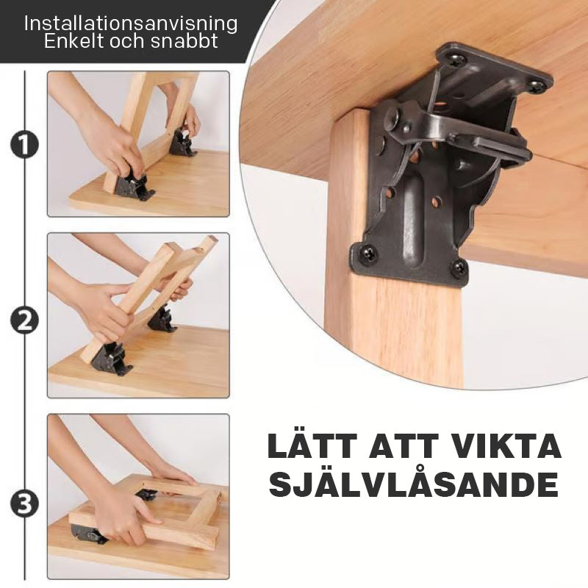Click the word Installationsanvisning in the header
(x=131, y=24)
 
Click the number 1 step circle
(x=24, y=144)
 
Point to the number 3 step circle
(x=24, y=504)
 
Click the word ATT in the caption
(x=408, y=447)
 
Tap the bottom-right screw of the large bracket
(x=459, y=268)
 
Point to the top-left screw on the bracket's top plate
(x=458, y=60)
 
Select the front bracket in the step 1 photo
(x=134, y=184)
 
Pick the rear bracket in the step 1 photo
(x=182, y=142)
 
